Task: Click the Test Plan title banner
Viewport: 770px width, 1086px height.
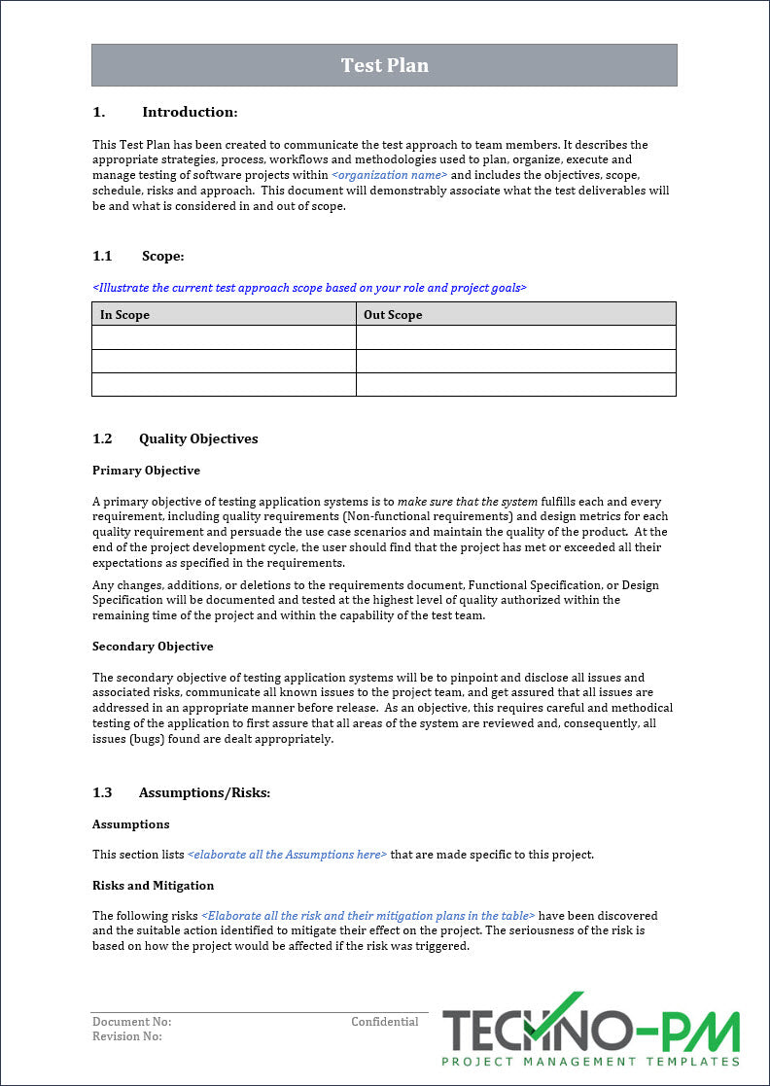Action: (x=384, y=65)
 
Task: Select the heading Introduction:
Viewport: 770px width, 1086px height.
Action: (x=189, y=112)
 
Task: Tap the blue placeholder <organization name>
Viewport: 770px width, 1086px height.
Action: (x=389, y=175)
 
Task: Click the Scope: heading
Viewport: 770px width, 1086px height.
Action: (x=162, y=256)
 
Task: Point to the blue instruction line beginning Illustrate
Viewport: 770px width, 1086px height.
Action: (x=309, y=288)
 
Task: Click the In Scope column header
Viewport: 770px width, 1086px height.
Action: (x=125, y=314)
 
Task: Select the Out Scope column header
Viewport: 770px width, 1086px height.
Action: (x=393, y=314)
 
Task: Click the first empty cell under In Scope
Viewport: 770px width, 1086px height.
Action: (x=224, y=337)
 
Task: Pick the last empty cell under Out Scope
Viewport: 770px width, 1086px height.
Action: (x=515, y=384)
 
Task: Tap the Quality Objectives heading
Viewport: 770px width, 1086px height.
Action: (x=198, y=438)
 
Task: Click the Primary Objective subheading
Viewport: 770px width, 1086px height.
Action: (x=146, y=471)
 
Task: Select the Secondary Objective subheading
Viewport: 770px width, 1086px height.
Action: (x=153, y=647)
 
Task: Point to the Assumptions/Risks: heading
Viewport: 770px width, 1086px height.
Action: (x=204, y=792)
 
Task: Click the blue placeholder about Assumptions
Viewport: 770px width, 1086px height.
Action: (x=287, y=855)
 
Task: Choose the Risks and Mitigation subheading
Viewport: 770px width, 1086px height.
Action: (x=153, y=886)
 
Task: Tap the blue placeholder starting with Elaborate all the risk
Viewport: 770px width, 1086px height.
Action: (x=368, y=916)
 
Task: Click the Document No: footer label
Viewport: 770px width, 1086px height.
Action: (x=131, y=1022)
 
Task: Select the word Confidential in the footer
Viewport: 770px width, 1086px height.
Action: (x=385, y=1022)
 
